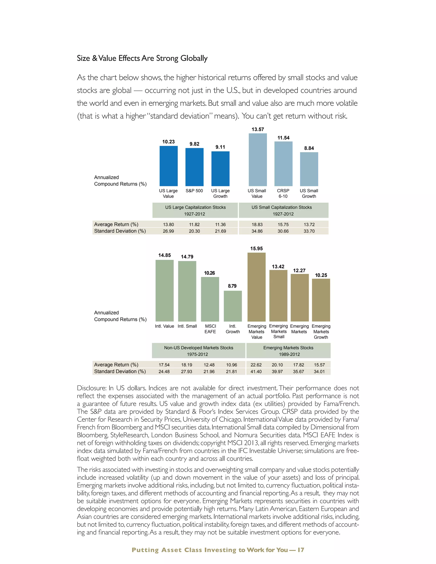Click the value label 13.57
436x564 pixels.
tap(258, 129)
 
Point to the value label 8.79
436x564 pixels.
tap(232, 286)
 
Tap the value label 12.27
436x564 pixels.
tap(299, 270)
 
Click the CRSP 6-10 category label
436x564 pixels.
tap(283, 193)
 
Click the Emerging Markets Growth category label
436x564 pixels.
tap(321, 332)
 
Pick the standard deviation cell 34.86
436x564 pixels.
tap(257, 231)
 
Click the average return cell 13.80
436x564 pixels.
tap(168, 224)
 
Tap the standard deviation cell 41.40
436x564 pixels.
tap(256, 371)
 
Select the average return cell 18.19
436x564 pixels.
tap(186, 365)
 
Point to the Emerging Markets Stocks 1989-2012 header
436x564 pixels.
tap(288, 351)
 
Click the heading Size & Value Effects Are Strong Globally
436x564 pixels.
tap(142, 58)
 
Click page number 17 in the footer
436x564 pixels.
tap(301, 550)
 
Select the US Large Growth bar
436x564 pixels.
tap(220, 168)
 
